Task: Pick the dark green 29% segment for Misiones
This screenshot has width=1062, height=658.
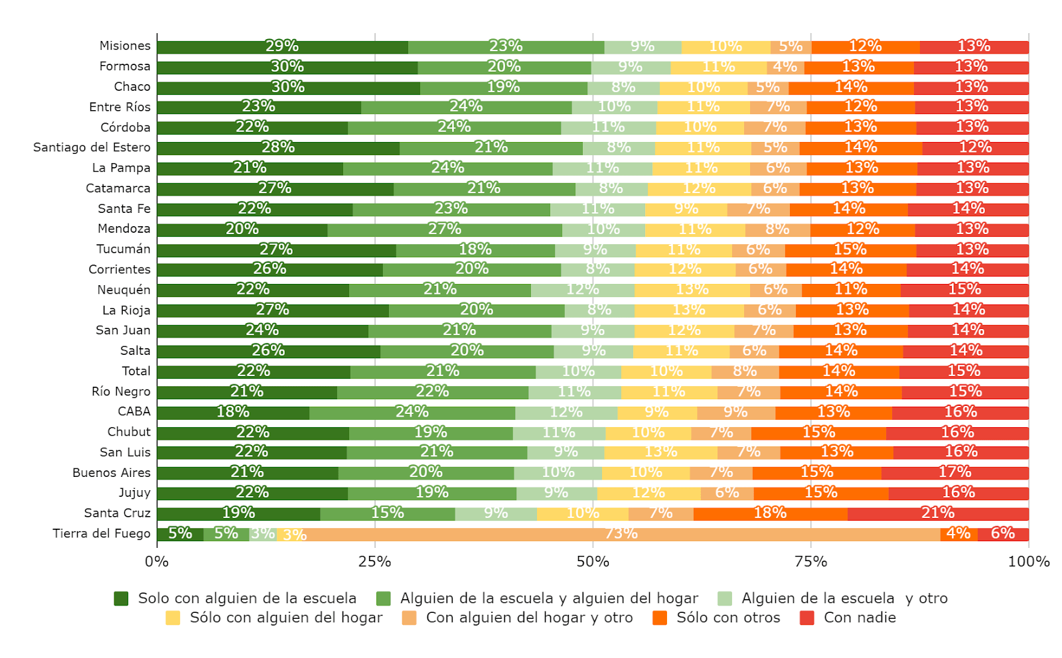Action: click(x=282, y=47)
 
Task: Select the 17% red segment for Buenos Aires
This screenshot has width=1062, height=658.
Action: click(x=954, y=473)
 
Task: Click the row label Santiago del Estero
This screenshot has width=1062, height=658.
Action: click(x=92, y=147)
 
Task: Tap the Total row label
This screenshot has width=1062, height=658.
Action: click(x=136, y=371)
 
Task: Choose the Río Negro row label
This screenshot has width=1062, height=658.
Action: click(x=121, y=391)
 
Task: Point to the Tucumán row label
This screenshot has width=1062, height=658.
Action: click(x=123, y=249)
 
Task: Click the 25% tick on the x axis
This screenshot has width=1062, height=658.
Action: click(x=375, y=562)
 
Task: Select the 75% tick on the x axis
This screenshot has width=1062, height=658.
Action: click(x=811, y=562)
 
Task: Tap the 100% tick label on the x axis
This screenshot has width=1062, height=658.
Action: click(x=1028, y=562)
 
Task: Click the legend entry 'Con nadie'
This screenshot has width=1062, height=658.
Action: click(x=860, y=618)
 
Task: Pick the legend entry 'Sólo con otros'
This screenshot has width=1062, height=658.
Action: click(x=728, y=618)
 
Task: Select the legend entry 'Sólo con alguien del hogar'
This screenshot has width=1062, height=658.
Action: click(x=286, y=618)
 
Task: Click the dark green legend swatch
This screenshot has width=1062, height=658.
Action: click(x=121, y=599)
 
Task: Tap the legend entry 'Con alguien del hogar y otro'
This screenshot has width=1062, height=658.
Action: click(x=529, y=618)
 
